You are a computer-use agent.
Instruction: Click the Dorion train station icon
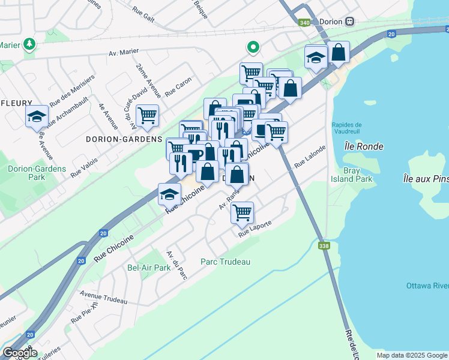pyautogui.click(x=349, y=21)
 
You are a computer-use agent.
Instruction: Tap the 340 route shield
pyautogui.click(x=304, y=23)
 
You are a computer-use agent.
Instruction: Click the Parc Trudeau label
pyautogui.click(x=225, y=262)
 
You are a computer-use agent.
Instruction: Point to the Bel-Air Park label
pyautogui.click(x=149, y=268)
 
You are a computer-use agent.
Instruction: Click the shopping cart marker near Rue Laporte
pyautogui.click(x=242, y=212)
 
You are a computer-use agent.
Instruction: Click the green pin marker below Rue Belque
pyautogui.click(x=253, y=47)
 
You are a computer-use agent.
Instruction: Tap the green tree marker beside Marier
pyautogui.click(x=28, y=44)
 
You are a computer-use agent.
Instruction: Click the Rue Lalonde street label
pyautogui.click(x=310, y=155)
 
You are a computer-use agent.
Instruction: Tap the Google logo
pyautogui.click(x=20, y=353)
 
